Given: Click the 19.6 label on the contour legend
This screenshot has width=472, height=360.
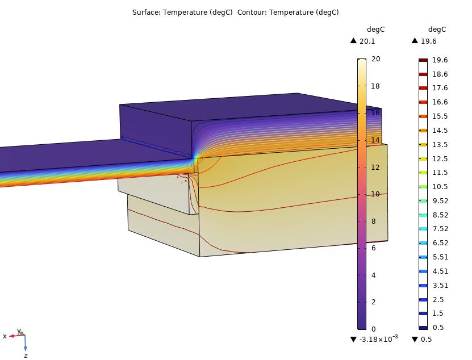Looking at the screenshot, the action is (x=440, y=60).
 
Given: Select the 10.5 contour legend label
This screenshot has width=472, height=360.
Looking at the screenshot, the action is (x=440, y=187).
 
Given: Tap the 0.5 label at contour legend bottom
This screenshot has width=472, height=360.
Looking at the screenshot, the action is (x=438, y=327).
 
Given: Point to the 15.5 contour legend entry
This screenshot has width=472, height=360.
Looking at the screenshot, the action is (x=440, y=116).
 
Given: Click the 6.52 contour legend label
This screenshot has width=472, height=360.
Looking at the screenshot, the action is (x=440, y=243).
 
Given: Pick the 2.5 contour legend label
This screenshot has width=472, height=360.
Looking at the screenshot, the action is (x=438, y=299).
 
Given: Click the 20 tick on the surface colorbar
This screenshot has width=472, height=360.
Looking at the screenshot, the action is (x=375, y=58).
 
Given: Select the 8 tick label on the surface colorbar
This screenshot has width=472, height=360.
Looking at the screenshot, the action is (x=374, y=221).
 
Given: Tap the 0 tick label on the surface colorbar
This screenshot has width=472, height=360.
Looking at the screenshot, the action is (x=374, y=329).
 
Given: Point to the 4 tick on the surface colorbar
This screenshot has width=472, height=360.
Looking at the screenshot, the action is (x=374, y=275).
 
